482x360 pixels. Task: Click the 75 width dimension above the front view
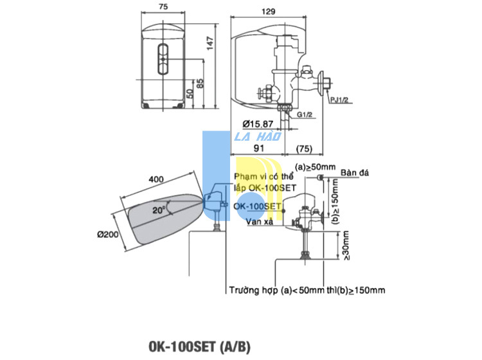coord(163,6)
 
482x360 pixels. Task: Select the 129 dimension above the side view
coord(269,12)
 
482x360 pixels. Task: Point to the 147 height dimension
coord(210,43)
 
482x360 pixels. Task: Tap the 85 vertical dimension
coord(200,84)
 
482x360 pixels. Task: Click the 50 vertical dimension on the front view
coord(190,93)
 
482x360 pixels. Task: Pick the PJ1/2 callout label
coord(339,100)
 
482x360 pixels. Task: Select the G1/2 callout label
coord(305,114)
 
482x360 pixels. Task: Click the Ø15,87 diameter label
coord(258,124)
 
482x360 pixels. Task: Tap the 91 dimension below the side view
coord(259,148)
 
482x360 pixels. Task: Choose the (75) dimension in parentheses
coord(304,148)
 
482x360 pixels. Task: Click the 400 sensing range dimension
coord(156,179)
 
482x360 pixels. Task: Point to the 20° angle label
coord(159,210)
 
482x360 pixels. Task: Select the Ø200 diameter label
coord(107,235)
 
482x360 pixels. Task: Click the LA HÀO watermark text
coord(258,136)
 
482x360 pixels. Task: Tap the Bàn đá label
coord(354,173)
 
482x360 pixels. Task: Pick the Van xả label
coord(260,221)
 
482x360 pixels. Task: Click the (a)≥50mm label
coord(315,167)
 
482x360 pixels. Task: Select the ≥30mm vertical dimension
coord(346,246)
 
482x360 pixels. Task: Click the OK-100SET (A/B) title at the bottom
coord(199,346)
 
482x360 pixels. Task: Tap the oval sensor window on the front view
coord(163,59)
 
